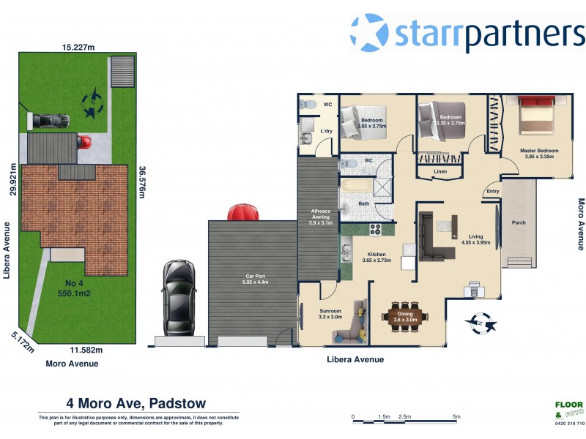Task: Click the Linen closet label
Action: coord(439,172)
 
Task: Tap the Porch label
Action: coord(519,222)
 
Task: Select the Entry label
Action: coord(493,192)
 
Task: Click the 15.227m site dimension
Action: coord(78,47)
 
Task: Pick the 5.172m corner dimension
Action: coord(22,342)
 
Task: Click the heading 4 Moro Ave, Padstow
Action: coord(136,403)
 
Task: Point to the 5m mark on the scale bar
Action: coord(456,417)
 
